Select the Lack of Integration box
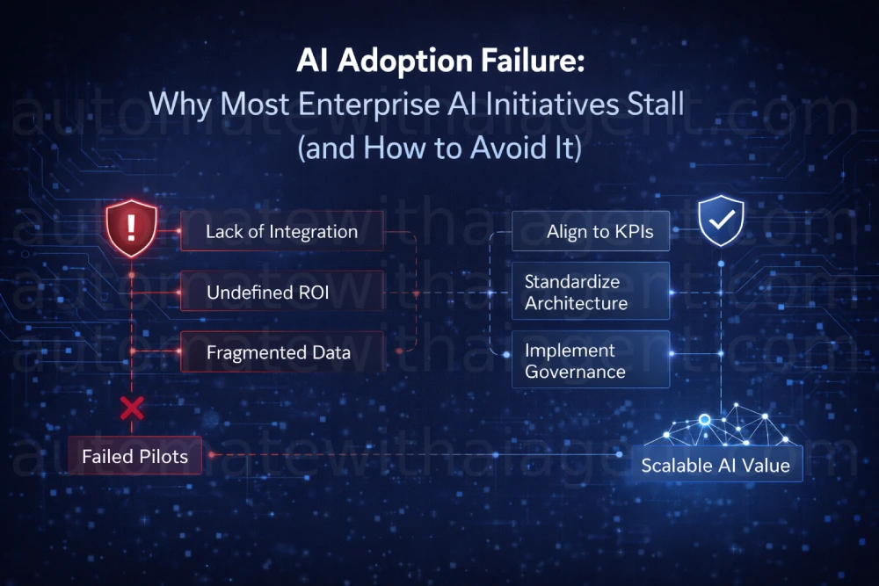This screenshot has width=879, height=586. point(281,232)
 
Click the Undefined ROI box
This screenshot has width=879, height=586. point(281,293)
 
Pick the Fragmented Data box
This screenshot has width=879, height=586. point(281,353)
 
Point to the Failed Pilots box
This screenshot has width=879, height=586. point(134,456)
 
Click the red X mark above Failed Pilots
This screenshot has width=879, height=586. point(132,408)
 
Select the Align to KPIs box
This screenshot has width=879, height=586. point(591,232)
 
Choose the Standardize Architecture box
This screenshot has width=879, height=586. point(591,293)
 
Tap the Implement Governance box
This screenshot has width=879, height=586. point(591,360)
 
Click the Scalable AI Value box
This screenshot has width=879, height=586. point(716,465)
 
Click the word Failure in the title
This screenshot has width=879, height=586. point(524,62)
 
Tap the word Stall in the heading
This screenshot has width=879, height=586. point(650,104)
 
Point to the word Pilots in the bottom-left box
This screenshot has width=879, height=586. point(163,456)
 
